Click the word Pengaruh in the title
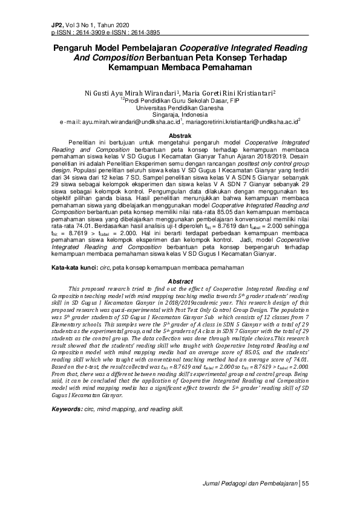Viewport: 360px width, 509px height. point(78,47)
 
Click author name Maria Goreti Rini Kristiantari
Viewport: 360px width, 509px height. point(227,93)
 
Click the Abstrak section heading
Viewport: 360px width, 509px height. point(180,137)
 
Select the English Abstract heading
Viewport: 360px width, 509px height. point(180,282)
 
